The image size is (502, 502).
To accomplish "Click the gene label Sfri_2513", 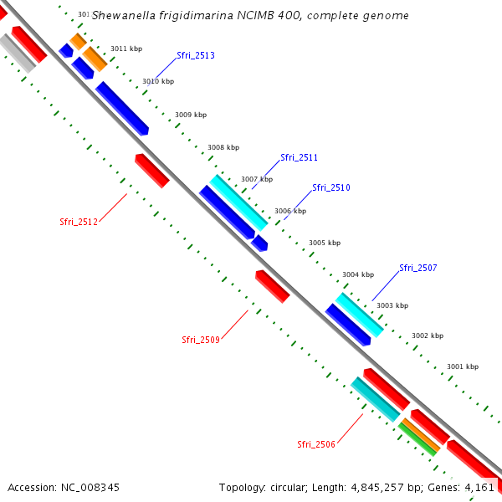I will tap(196, 56).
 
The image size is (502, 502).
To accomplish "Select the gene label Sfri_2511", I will tap(299, 157).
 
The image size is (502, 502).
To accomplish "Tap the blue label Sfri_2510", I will tap(331, 188).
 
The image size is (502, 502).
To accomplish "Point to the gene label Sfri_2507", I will tap(417, 269).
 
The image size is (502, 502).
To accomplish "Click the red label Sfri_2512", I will tap(79, 223).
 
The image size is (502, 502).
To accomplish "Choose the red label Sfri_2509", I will tap(201, 340).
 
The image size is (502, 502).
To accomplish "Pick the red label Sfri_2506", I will tap(316, 444).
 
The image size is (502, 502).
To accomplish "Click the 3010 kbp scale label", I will tap(158, 81).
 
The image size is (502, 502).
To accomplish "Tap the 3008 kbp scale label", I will tap(223, 147).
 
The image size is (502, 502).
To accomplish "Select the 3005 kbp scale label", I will tap(325, 243).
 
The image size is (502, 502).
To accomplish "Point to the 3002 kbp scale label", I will tap(427, 336).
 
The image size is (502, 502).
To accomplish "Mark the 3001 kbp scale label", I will tap(462, 366).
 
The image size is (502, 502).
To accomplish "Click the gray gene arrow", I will tap(18, 54).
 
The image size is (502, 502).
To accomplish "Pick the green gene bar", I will tap(417, 439).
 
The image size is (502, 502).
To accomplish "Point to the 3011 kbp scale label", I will tap(126, 49).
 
